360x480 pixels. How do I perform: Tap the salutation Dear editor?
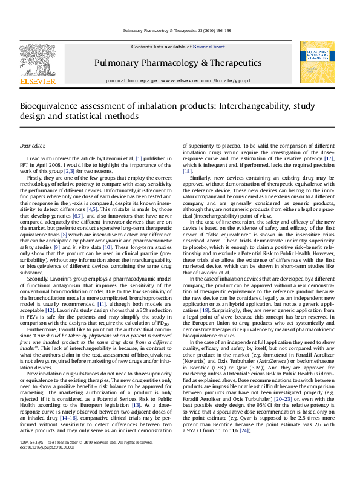click(x=33, y=146)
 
